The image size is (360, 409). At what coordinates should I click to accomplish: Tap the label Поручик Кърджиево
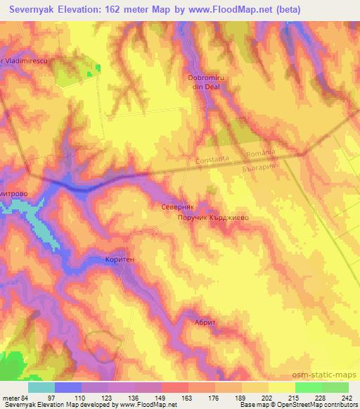[213, 219]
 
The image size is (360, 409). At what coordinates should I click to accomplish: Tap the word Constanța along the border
[214, 160]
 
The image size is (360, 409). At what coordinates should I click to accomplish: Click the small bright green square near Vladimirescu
[98, 67]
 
